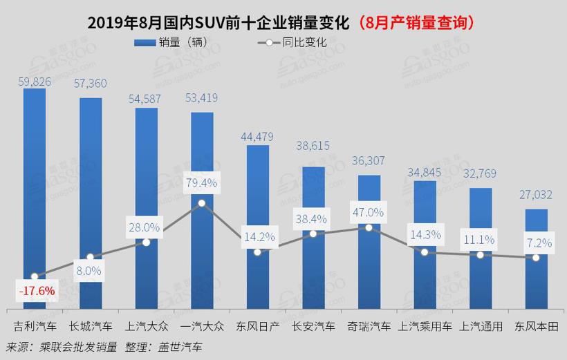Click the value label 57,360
pyautogui.click(x=91, y=83)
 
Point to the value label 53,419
pyautogui.click(x=202, y=97)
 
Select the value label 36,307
pyautogui.click(x=369, y=160)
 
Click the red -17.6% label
pyautogui.click(x=35, y=291)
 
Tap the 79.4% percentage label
pyautogui.click(x=202, y=183)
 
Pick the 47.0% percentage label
pyautogui.click(x=369, y=211)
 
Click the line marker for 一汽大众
pyautogui.click(x=202, y=203)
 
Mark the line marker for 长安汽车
pyautogui.click(x=313, y=234)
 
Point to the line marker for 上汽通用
pyautogui.click(x=481, y=254)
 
